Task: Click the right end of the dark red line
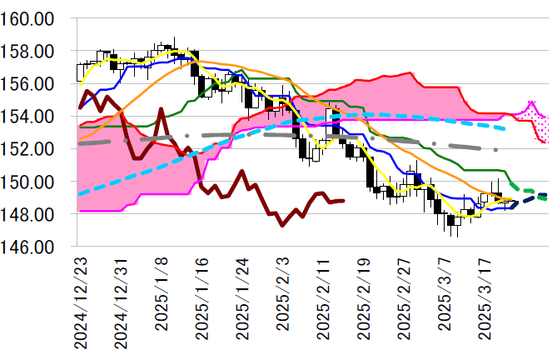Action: pos(344,200)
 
